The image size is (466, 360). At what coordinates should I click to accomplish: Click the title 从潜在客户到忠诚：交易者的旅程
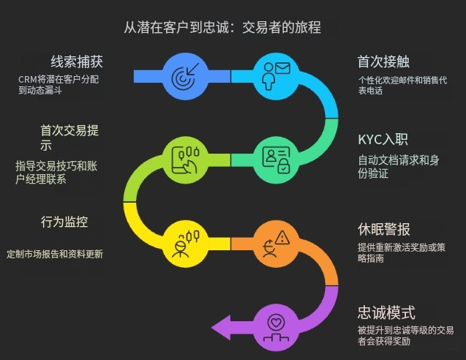click(x=222, y=27)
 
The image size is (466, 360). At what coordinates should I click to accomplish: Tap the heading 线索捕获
click(x=77, y=61)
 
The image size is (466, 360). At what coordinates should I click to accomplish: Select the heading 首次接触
click(x=383, y=61)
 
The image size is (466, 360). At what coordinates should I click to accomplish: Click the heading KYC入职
click(x=383, y=140)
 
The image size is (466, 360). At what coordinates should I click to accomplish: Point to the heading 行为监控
click(x=64, y=222)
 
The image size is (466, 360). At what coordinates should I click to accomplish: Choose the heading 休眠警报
click(x=384, y=229)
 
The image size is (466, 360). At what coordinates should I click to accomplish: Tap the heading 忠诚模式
click(x=386, y=312)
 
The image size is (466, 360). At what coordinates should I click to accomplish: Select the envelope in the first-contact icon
click(x=282, y=68)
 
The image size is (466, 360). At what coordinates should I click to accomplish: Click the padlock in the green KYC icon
click(x=284, y=166)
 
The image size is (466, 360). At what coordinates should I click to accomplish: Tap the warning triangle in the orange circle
click(x=282, y=238)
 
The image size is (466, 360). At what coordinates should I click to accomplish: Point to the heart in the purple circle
click(x=276, y=323)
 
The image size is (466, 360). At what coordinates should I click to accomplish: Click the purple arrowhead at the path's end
click(x=221, y=328)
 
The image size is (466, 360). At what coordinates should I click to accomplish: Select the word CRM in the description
click(x=28, y=80)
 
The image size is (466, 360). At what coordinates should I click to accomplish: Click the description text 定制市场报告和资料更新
click(x=55, y=254)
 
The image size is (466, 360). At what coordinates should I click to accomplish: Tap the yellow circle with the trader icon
click(x=185, y=244)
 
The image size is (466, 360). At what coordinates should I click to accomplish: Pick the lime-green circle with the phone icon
click(x=185, y=160)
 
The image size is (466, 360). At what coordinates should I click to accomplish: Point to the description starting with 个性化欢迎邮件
click(x=402, y=85)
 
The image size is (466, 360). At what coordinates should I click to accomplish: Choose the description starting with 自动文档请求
click(x=399, y=167)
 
